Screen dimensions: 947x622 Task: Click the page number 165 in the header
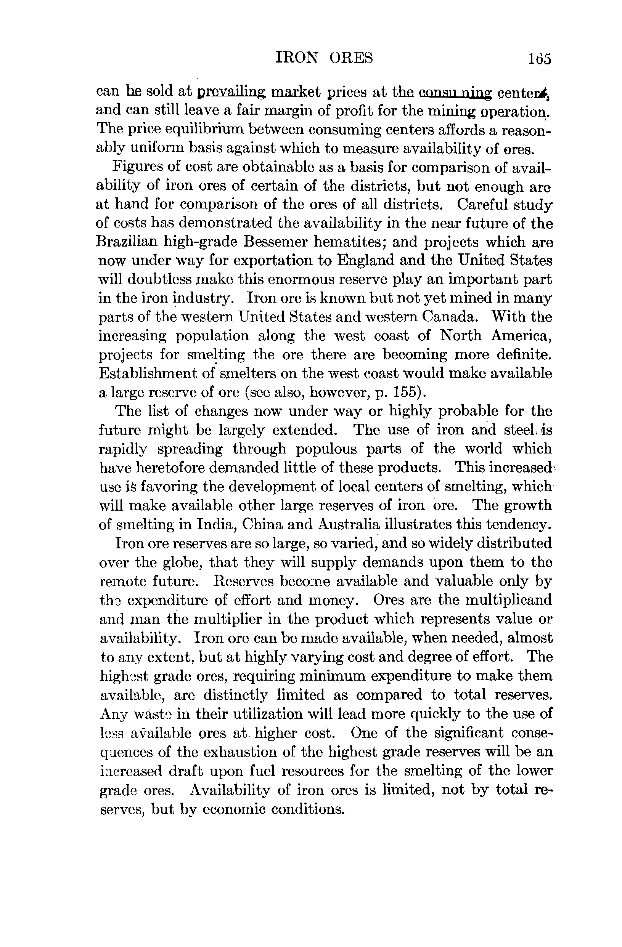coord(540,59)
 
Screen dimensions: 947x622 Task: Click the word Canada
coord(448,317)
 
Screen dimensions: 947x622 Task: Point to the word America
coord(521,336)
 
